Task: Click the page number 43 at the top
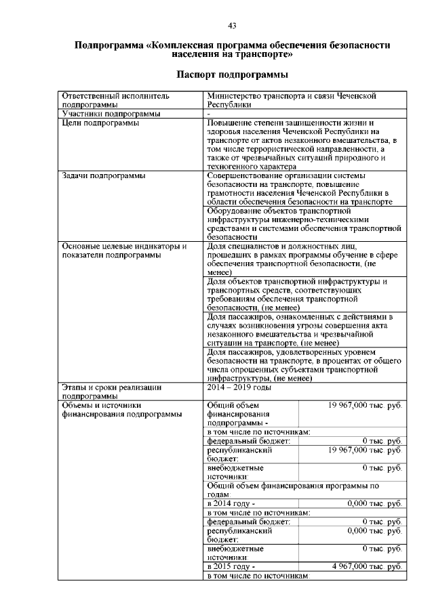232,26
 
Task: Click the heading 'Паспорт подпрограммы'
232,73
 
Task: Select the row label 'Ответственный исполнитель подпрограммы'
115,100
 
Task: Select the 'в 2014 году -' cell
231,503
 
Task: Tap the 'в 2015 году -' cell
231,566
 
